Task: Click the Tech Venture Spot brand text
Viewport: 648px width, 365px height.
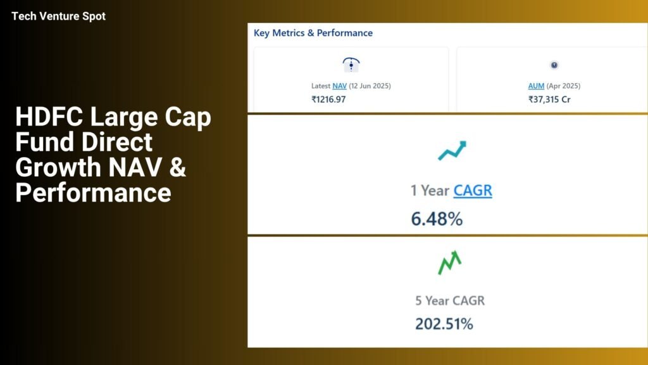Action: click(58, 16)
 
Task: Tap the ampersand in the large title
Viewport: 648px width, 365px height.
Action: click(177, 167)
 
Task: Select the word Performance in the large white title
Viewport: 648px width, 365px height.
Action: click(94, 193)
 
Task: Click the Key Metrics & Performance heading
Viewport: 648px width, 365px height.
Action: click(313, 33)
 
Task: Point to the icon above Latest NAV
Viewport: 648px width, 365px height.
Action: click(351, 65)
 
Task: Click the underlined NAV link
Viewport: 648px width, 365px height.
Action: click(339, 86)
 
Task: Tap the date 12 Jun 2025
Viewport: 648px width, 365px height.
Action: click(370, 86)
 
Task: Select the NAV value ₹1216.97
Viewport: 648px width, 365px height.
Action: click(328, 99)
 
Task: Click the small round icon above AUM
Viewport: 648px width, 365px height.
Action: click(554, 65)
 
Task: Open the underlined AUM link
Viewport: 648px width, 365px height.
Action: click(536, 86)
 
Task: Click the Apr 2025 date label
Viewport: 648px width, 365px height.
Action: click(563, 86)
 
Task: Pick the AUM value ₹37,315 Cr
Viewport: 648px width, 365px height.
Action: click(549, 99)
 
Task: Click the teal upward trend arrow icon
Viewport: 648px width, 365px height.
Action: click(452, 151)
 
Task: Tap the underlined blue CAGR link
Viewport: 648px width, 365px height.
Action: click(473, 190)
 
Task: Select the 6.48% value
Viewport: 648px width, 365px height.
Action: click(437, 219)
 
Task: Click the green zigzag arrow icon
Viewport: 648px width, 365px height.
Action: click(450, 263)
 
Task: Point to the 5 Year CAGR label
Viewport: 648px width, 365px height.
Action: click(450, 300)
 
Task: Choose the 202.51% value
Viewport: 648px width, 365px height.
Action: click(444, 324)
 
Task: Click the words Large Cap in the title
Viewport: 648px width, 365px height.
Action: click(151, 117)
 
